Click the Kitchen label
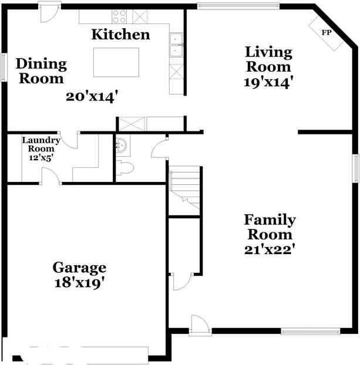point(121,35)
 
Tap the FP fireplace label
point(326,32)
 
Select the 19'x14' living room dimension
point(268,82)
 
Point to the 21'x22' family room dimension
point(270,249)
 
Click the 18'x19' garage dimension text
point(79,283)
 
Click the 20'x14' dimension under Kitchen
point(92,97)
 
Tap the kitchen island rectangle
point(116,62)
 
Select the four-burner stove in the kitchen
point(119,16)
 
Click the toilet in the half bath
point(125,168)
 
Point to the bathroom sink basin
point(121,146)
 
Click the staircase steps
point(185,188)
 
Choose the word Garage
point(79,268)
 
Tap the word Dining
point(41,63)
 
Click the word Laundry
point(41,140)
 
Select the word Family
point(270,219)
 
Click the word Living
point(268,52)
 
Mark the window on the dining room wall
point(4,67)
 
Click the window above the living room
point(238,6)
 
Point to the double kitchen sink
point(176,45)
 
